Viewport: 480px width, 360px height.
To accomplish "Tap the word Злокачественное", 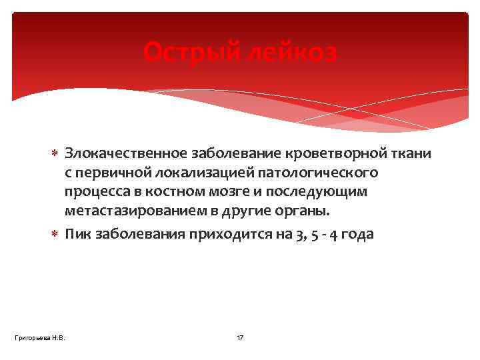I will [x=127, y=154].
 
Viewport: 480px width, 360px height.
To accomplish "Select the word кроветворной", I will [x=324, y=154].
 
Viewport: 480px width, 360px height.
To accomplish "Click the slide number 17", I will [x=240, y=338].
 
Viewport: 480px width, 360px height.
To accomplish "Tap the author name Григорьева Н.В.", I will [x=39, y=338].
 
